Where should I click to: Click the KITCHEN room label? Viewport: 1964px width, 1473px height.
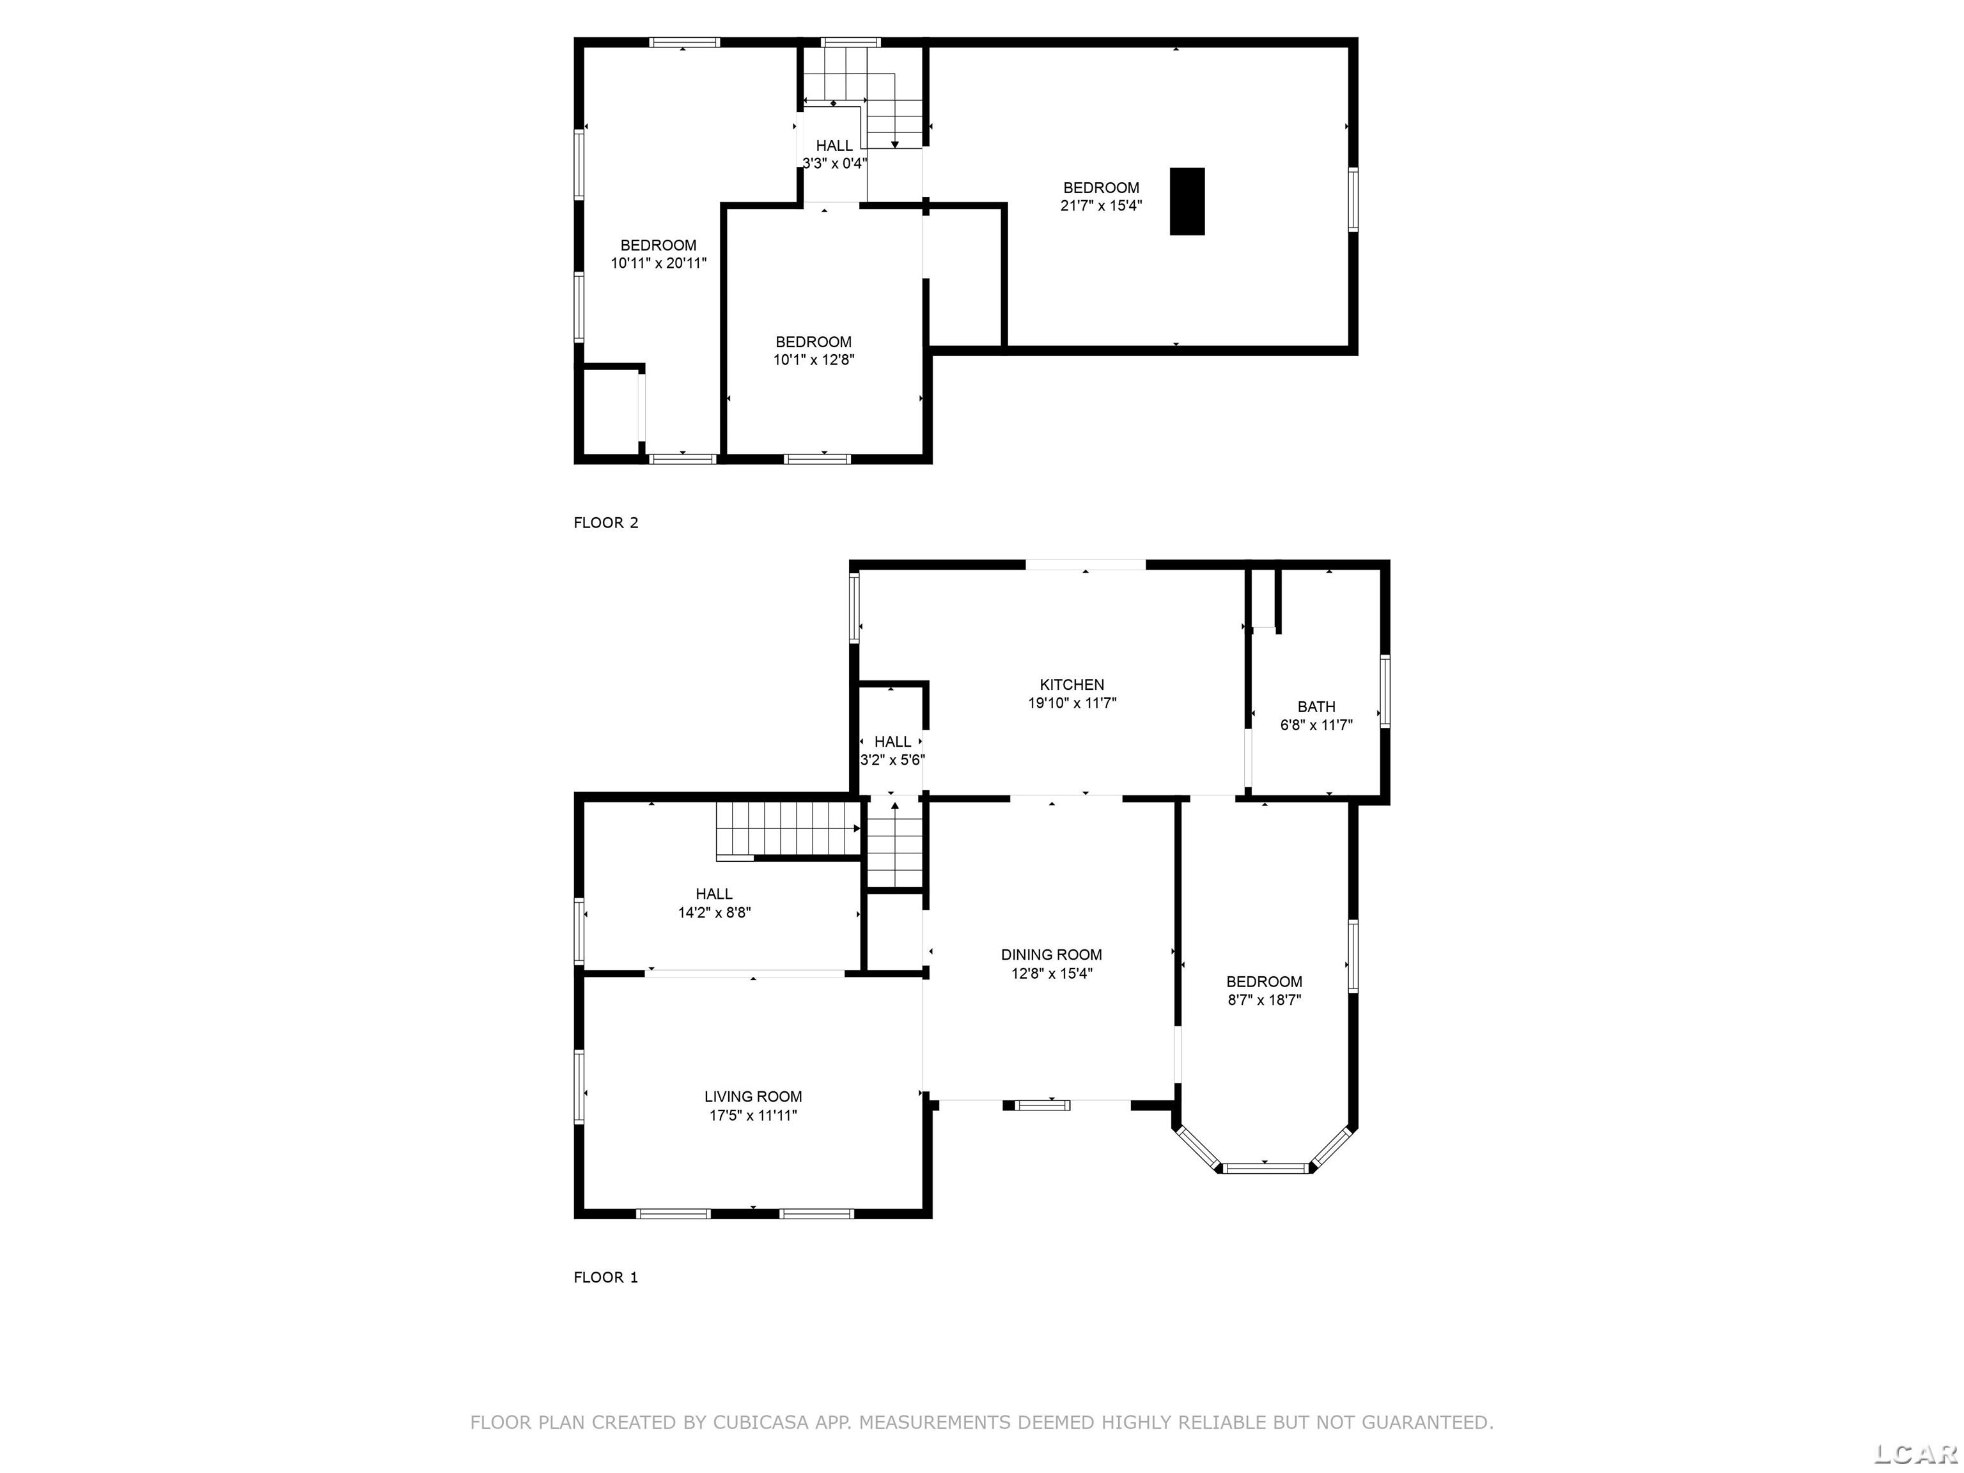pyautogui.click(x=1072, y=685)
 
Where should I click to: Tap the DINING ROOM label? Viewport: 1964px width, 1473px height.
pyautogui.click(x=1051, y=955)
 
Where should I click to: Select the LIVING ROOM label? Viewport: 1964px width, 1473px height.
pyautogui.click(x=753, y=1096)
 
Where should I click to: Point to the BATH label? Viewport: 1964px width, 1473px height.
pyautogui.click(x=1316, y=706)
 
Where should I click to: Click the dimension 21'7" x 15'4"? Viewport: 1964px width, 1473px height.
pyautogui.click(x=1101, y=205)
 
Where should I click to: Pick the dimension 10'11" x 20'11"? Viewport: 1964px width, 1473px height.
pyautogui.click(x=659, y=263)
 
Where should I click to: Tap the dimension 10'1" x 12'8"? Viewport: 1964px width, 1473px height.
pyautogui.click(x=813, y=359)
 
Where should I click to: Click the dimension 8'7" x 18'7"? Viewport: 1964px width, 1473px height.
pyautogui.click(x=1265, y=1000)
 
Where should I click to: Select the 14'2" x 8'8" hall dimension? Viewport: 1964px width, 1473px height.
pyautogui.click(x=715, y=912)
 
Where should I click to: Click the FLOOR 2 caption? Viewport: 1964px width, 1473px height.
pyautogui.click(x=605, y=523)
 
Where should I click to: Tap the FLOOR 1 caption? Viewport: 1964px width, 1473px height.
pyautogui.click(x=605, y=1277)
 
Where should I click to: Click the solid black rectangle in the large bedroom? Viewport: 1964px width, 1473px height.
pyautogui.click(x=1187, y=201)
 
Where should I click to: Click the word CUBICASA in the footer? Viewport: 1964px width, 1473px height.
pyautogui.click(x=761, y=1422)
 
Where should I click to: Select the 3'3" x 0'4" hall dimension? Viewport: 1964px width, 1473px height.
pyautogui.click(x=834, y=164)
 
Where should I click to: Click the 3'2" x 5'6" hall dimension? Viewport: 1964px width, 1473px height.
pyautogui.click(x=892, y=760)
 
